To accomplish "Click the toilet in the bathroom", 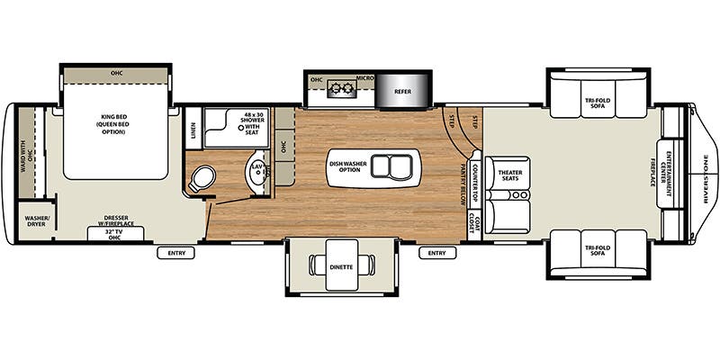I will [199, 178].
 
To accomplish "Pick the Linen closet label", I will [193, 130].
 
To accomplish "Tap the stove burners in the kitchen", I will [342, 88].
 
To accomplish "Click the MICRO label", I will [365, 78].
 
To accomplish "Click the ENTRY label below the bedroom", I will [175, 253].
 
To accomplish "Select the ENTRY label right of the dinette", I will [436, 253].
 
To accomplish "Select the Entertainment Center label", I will [670, 175].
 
